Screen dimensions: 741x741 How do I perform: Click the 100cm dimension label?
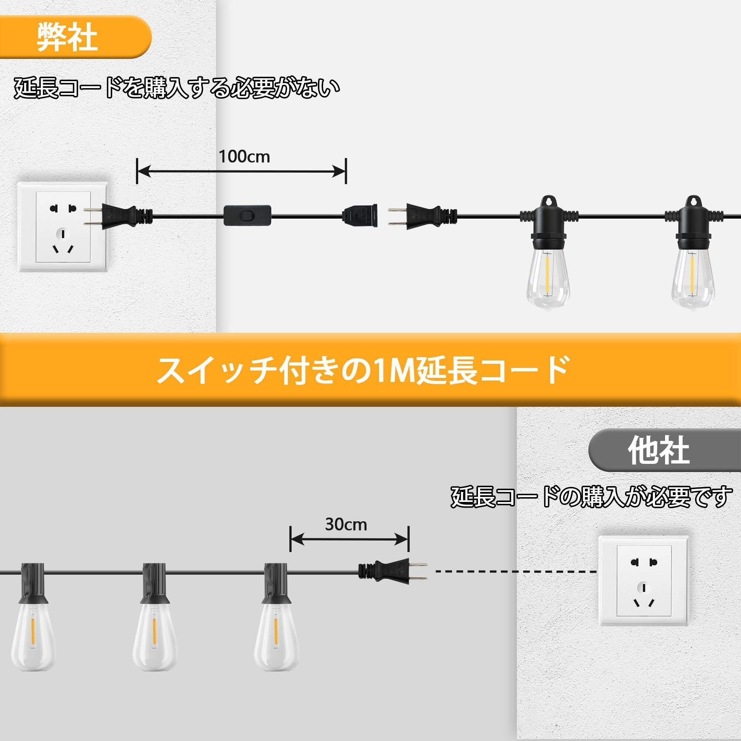coord(244,156)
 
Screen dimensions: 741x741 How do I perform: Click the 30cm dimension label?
coord(346,524)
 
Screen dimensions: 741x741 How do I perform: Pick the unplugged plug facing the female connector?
coord(422,215)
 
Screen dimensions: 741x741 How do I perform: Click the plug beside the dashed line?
coord(393,569)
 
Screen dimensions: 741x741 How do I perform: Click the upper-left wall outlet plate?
coord(63,227)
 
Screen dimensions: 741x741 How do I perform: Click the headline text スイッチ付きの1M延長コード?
coord(362,371)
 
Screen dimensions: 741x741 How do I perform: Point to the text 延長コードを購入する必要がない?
coord(177,88)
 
